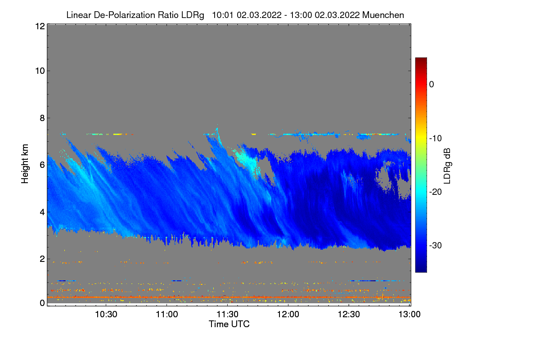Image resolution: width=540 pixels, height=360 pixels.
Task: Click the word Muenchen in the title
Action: click(383, 15)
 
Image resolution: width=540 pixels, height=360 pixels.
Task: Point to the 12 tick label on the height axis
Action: click(40, 27)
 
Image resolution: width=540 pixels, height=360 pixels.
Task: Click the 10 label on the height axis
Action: click(40, 71)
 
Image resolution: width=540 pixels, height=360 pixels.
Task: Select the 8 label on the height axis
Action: click(42, 118)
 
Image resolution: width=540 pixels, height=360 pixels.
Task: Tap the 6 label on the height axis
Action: click(42, 165)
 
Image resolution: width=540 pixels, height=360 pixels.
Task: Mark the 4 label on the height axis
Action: click(42, 211)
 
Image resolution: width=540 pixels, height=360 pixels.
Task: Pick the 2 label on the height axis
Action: click(42, 258)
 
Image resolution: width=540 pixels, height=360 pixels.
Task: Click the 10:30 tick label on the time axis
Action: click(106, 314)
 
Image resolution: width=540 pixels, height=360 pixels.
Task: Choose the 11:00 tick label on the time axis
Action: click(167, 314)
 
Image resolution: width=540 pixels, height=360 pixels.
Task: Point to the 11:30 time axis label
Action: click(228, 314)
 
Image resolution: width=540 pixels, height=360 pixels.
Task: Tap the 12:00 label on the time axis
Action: click(288, 314)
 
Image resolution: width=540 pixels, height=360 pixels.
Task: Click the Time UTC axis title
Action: click(229, 324)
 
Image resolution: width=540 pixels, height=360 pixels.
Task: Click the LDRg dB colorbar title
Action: click(448, 165)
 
